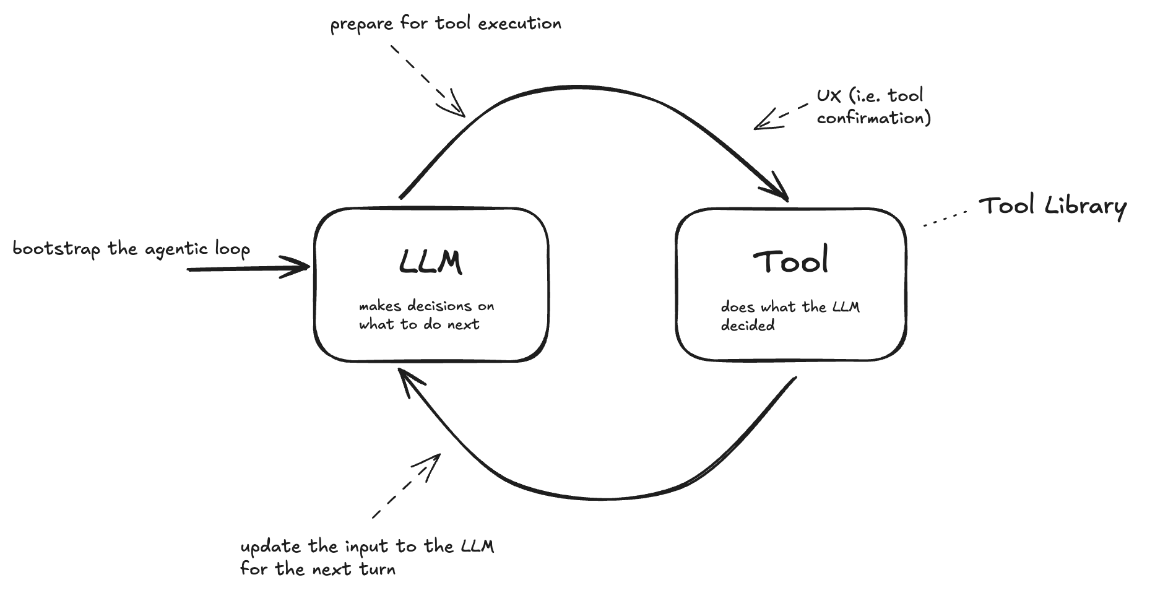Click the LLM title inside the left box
[x=430, y=262]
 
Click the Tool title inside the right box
[x=790, y=262]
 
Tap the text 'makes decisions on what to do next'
[x=426, y=315]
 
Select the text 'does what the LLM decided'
[x=789, y=316]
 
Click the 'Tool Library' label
[x=1052, y=207]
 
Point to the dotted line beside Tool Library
[x=945, y=219]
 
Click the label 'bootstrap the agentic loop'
[x=131, y=249]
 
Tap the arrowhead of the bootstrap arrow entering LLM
[x=300, y=269]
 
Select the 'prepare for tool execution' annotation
[x=445, y=24]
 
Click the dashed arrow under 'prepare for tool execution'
[x=427, y=79]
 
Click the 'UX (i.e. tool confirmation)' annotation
[x=873, y=106]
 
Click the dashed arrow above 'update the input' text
[x=405, y=486]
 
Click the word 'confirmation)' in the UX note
[x=873, y=118]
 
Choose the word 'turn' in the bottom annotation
[x=377, y=569]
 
